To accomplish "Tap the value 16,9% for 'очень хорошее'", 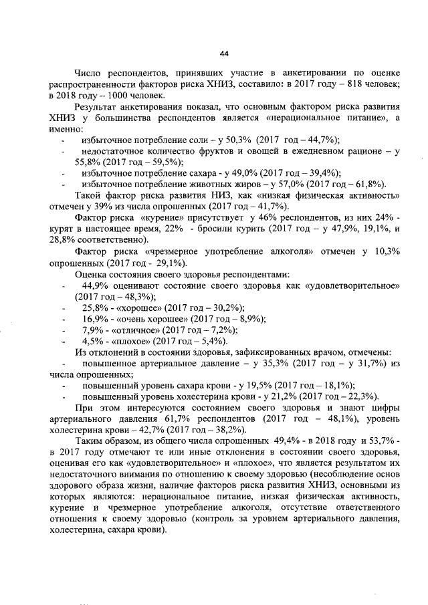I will tap(95, 319).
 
